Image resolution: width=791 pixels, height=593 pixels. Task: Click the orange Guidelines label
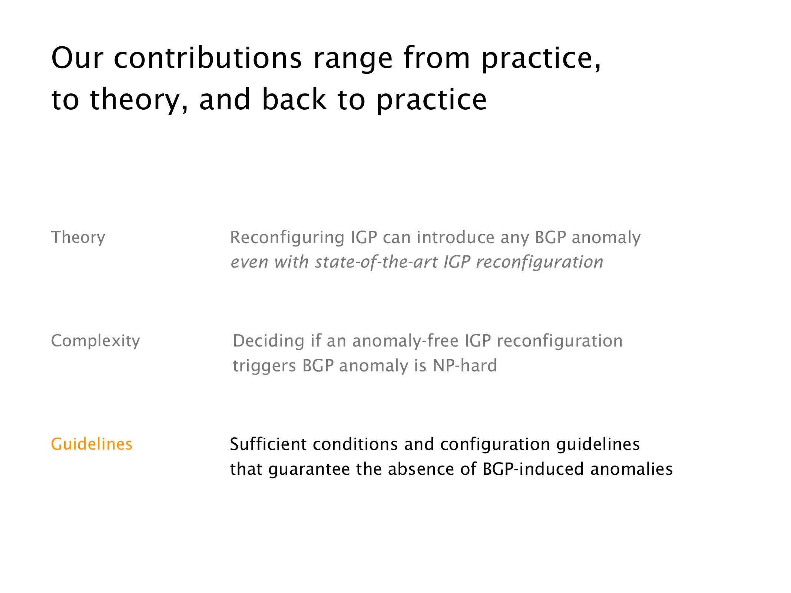click(x=92, y=444)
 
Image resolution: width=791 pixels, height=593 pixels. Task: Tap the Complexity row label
click(x=96, y=341)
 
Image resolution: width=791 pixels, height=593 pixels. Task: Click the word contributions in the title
click(x=208, y=58)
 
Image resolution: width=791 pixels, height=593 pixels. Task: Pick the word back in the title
click(x=295, y=99)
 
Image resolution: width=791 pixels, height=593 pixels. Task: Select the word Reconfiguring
click(x=287, y=238)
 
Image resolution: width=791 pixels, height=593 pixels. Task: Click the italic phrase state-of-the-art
click(x=376, y=262)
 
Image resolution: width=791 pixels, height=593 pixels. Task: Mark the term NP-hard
click(x=465, y=366)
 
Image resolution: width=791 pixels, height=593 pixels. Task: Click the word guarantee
click(x=309, y=470)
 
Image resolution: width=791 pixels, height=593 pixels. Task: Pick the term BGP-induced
click(x=533, y=469)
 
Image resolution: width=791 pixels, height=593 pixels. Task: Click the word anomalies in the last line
click(x=632, y=469)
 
